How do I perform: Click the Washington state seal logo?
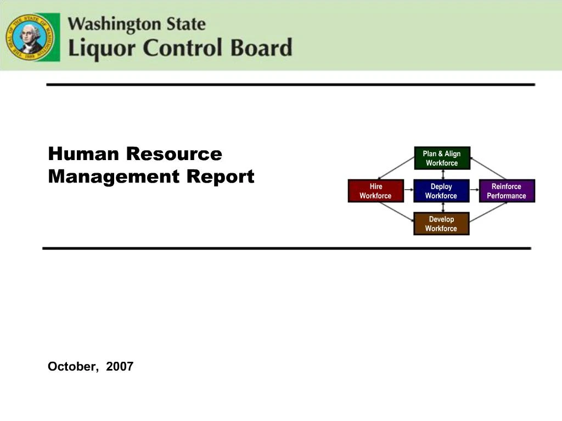32,37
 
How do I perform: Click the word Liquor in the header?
102,48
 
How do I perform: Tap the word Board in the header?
261,47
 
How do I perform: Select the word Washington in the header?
114,25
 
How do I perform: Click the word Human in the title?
83,153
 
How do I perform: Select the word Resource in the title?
174,153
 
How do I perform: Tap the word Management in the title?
114,176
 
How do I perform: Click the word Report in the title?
221,176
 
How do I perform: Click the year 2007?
120,366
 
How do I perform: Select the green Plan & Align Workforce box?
442,158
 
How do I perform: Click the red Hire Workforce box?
375,191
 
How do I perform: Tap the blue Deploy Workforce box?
441,191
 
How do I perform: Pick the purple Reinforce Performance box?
507,191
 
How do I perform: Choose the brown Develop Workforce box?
441,224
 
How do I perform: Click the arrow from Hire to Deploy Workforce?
408,190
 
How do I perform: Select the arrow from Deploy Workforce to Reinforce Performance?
474,190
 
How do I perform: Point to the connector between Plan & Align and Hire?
396,168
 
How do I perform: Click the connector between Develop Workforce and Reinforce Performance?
488,212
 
